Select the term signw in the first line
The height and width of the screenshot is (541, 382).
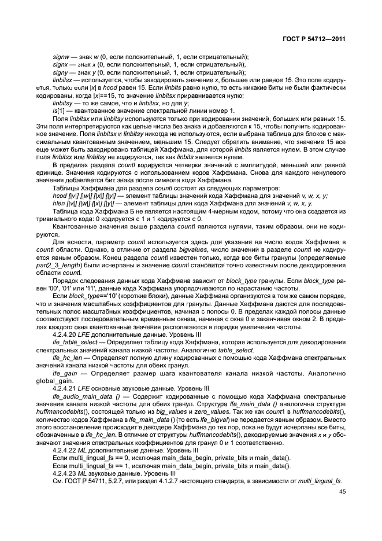pyautogui.click(x=60, y=57)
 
